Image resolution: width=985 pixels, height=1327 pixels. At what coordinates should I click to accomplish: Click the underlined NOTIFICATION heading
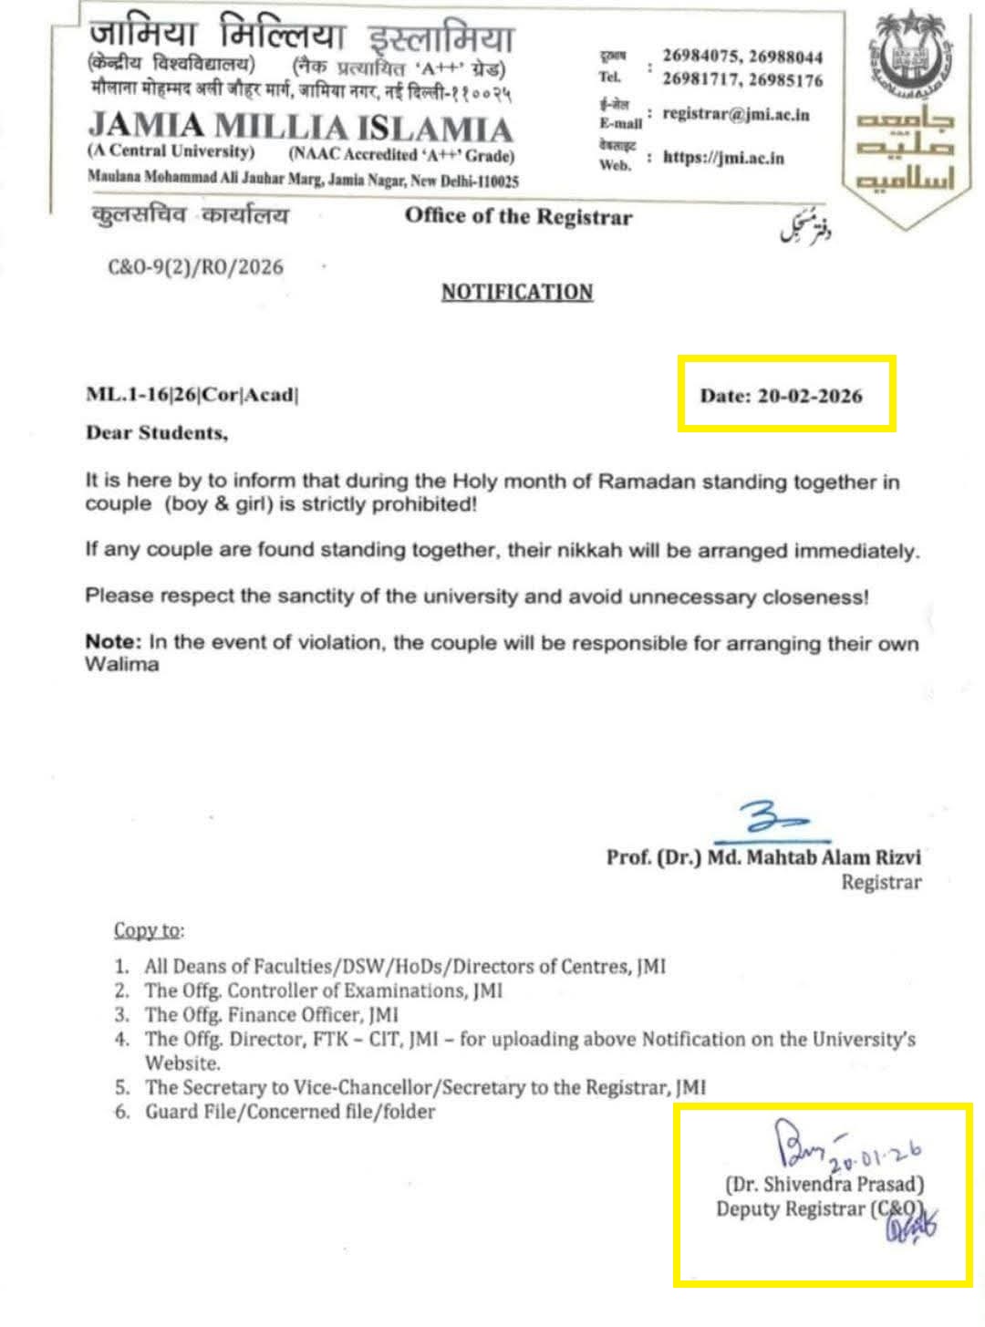click(x=517, y=292)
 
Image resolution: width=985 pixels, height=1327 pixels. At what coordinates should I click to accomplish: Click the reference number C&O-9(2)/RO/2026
click(x=195, y=267)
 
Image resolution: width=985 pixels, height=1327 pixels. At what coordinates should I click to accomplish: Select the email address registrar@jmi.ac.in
click(x=736, y=115)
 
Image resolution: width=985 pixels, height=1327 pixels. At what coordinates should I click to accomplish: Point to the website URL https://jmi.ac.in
click(x=723, y=158)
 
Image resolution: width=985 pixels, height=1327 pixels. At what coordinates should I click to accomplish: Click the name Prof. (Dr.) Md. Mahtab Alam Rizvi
click(x=763, y=857)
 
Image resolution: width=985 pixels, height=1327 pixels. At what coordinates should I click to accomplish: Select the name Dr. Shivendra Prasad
click(x=824, y=1185)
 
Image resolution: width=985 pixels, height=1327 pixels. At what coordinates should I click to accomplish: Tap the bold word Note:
click(x=114, y=642)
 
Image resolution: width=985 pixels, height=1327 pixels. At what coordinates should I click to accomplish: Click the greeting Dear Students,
click(x=156, y=433)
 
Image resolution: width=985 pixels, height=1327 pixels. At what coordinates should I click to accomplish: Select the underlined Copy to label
click(x=148, y=930)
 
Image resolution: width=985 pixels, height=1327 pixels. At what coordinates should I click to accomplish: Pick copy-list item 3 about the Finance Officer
click(x=271, y=1014)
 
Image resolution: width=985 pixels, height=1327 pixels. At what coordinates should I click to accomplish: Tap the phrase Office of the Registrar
click(x=518, y=216)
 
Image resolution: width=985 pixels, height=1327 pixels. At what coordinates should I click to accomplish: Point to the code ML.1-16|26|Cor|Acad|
click(x=192, y=395)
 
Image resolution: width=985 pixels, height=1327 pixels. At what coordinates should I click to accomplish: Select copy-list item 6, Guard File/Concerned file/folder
click(x=290, y=1111)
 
